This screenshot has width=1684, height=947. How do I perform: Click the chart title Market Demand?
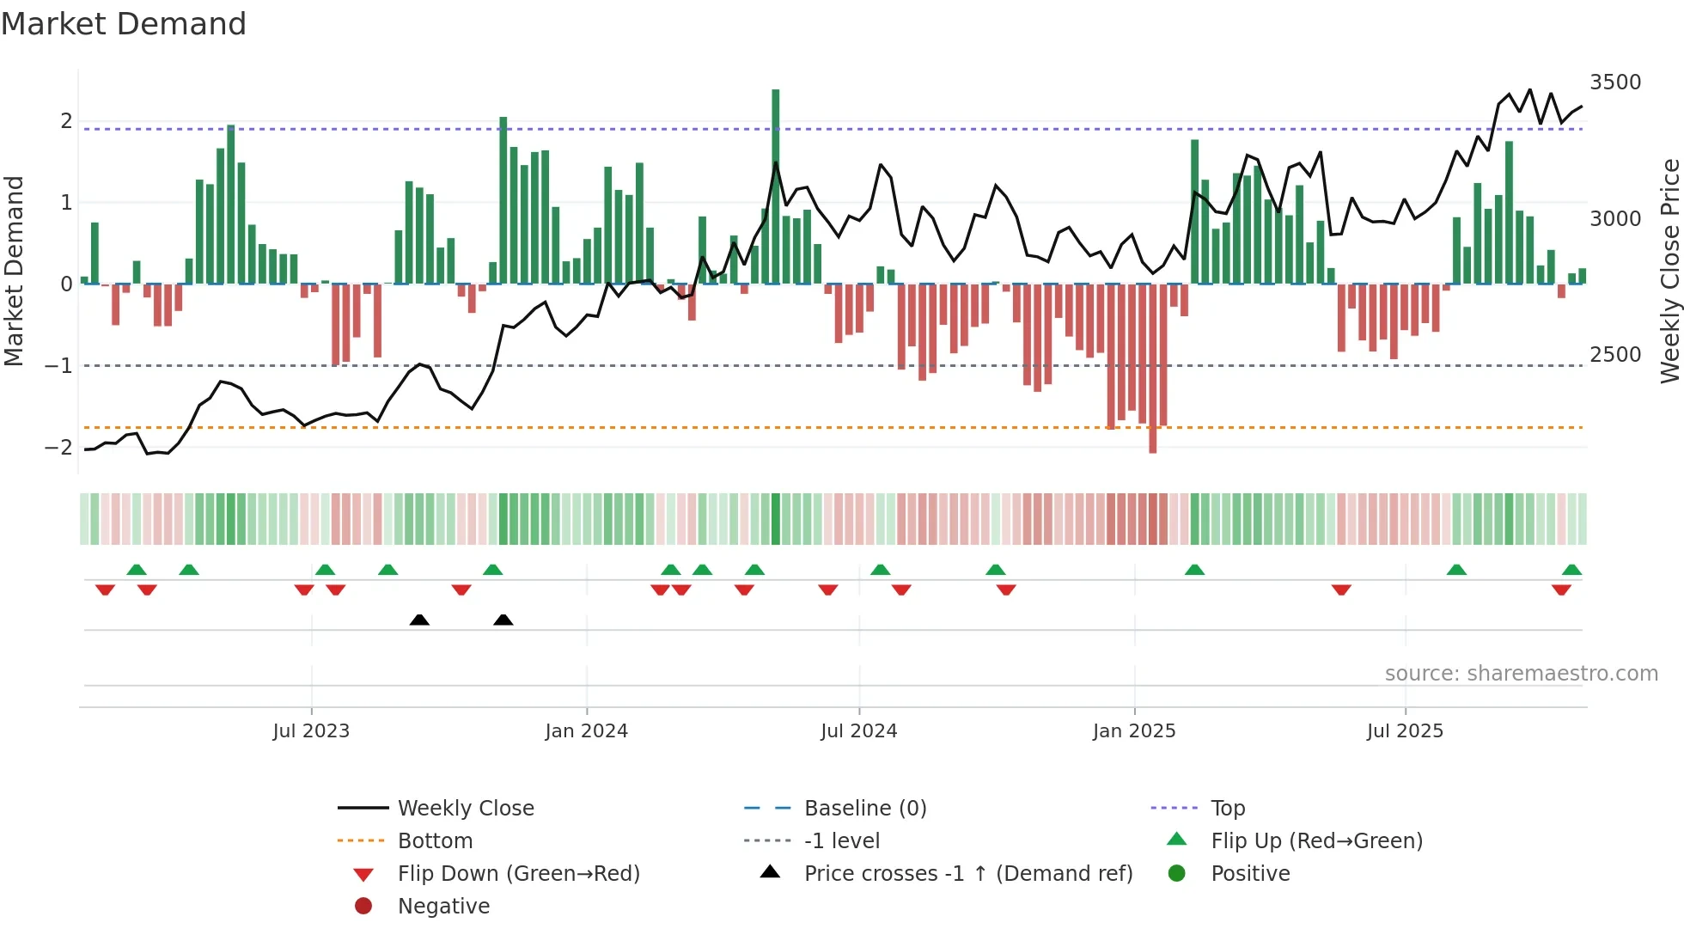point(124,24)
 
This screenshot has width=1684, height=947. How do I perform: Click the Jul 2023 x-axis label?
point(311,731)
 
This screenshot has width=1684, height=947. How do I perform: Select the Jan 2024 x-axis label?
point(586,731)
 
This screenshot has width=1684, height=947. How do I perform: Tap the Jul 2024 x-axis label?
point(858,731)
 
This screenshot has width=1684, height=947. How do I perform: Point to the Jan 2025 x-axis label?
point(1134,731)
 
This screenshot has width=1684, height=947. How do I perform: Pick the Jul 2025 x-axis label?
point(1405,731)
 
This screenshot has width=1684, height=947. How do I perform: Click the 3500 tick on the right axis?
point(1615,82)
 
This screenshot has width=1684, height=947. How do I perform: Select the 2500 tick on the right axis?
point(1615,355)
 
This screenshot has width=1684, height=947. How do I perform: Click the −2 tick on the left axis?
point(58,447)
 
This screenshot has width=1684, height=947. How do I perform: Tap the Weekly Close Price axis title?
point(1669,271)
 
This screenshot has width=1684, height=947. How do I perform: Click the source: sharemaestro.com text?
point(1521,674)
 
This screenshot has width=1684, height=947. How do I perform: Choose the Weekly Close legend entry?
point(465,809)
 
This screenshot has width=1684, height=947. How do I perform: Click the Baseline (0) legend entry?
point(864,809)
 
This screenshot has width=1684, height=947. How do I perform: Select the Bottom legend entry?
point(435,841)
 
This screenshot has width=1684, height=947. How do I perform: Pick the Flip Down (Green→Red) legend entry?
point(518,874)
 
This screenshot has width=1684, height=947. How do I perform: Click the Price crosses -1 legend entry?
point(967,874)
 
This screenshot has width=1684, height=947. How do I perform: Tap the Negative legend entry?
point(443,907)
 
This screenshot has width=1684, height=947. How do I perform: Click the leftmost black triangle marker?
point(419,620)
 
